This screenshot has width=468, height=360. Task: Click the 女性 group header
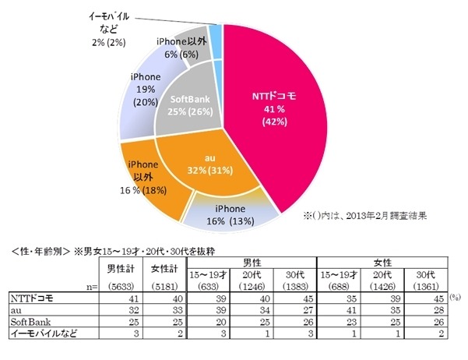(x=385, y=261)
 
